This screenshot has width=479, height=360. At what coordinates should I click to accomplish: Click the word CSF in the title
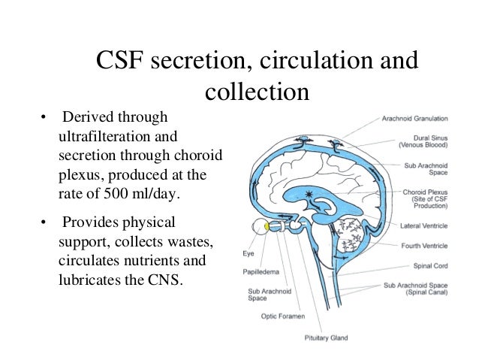point(120,62)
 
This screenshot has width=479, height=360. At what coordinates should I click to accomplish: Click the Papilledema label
point(259,272)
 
